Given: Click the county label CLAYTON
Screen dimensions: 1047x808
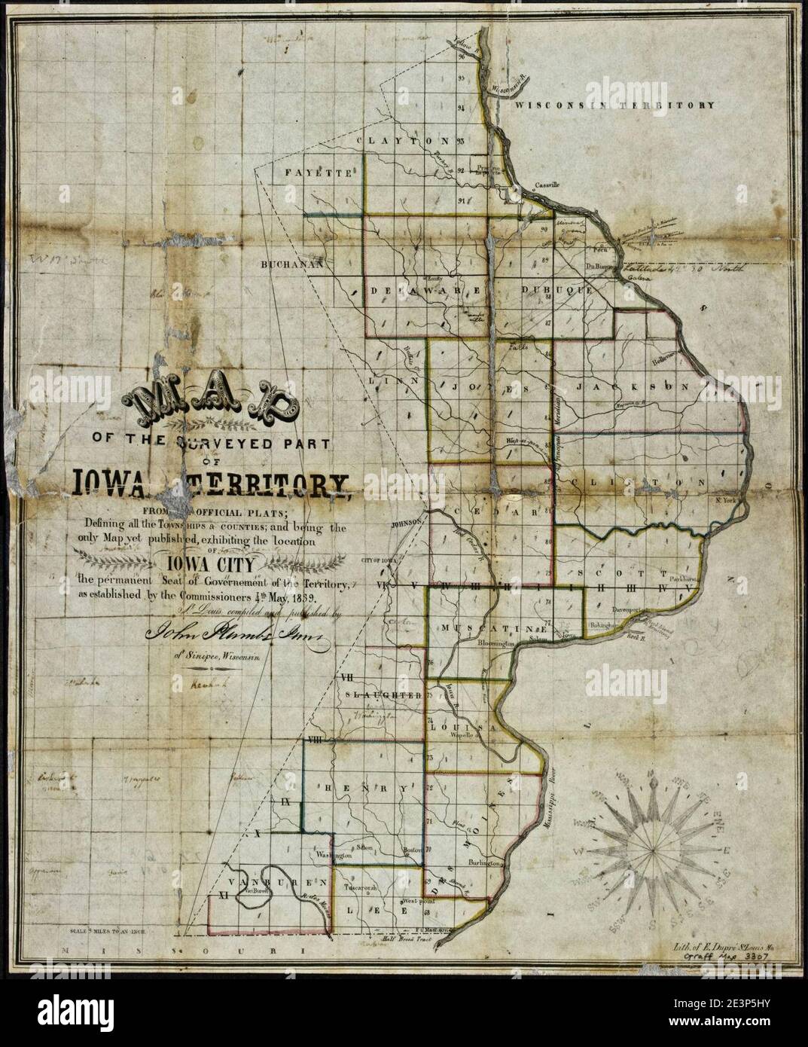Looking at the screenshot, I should tap(403, 141).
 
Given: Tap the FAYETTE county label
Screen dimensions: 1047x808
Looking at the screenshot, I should tap(319, 172).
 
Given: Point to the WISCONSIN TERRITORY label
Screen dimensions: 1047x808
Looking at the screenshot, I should tap(614, 105).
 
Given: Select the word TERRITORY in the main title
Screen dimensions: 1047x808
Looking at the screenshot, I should tap(275, 482).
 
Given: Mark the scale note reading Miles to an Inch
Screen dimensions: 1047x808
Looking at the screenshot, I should tap(110, 930).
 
